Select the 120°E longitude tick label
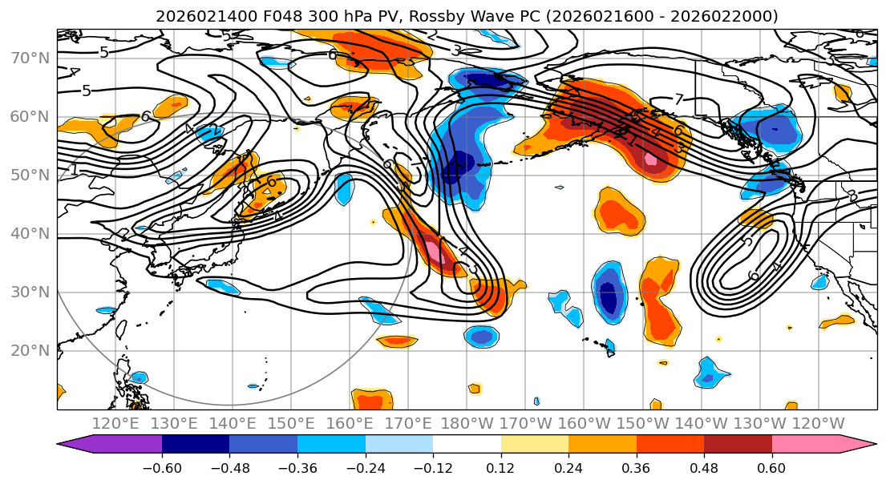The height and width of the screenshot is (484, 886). (115, 423)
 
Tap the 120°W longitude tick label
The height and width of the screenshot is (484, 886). (819, 423)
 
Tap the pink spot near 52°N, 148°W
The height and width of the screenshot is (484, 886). (650, 159)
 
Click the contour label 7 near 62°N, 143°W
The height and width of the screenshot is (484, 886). (678, 100)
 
